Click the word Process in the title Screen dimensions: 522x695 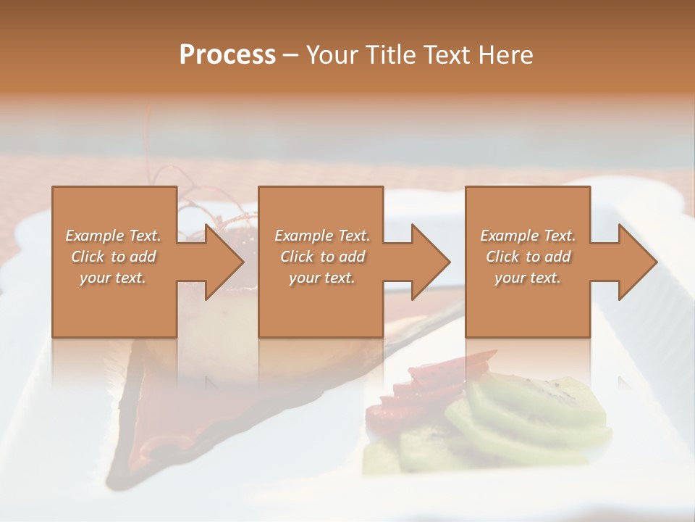[227, 55]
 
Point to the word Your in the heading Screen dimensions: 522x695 [333, 55]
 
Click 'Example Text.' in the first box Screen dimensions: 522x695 [113, 236]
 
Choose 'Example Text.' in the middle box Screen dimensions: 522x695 [322, 236]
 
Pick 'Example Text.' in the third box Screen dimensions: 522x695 [528, 236]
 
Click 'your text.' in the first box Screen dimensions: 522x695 [113, 278]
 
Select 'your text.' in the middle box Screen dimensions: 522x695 [322, 278]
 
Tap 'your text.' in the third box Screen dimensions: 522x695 [528, 278]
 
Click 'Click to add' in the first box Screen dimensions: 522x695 [113, 257]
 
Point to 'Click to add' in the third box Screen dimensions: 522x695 [528, 257]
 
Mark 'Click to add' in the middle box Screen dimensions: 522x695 [322, 257]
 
